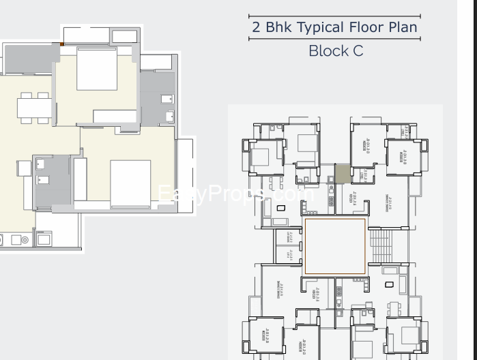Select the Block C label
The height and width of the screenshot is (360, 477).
tap(336, 50)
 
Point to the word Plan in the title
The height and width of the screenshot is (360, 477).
tap(402, 28)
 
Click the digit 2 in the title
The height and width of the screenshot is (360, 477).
tap(257, 28)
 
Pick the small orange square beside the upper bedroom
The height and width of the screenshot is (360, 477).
tap(61, 44)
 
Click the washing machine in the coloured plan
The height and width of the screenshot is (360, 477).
tap(44, 239)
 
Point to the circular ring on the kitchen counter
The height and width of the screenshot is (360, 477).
tap(24, 239)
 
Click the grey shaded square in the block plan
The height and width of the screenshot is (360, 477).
tap(342, 174)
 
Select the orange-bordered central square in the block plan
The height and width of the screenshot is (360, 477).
tap(334, 248)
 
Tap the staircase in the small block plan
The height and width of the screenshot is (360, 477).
tap(382, 246)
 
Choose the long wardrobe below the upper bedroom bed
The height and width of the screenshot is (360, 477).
tap(115, 116)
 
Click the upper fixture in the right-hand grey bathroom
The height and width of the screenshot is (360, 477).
tap(167, 99)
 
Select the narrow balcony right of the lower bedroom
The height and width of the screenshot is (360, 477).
tap(184, 170)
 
